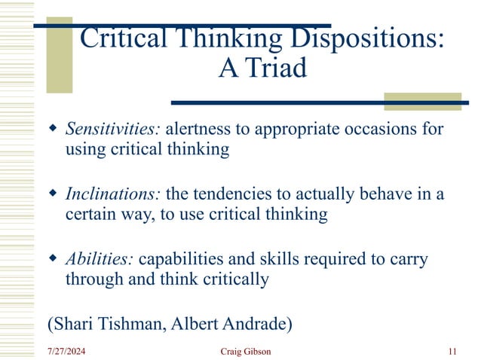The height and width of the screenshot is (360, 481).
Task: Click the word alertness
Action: (x=198, y=129)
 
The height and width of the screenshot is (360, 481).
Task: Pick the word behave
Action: (x=383, y=194)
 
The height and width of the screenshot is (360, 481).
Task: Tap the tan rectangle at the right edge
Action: (x=421, y=102)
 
